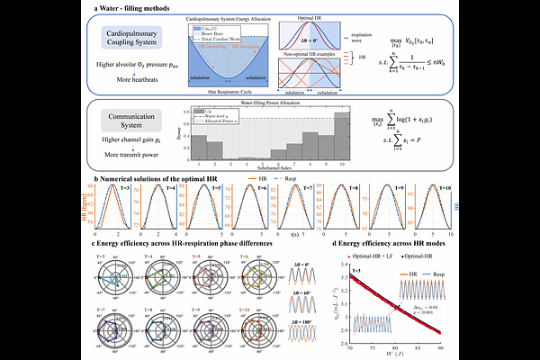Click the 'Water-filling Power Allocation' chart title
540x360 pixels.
[262, 104]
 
